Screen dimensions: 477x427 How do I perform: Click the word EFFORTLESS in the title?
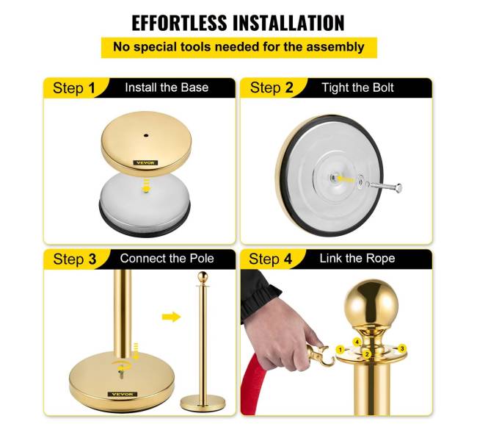[x=179, y=23]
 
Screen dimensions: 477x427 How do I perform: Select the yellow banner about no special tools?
[x=238, y=48]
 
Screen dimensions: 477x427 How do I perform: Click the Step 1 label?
[x=74, y=88]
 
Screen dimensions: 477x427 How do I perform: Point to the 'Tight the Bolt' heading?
[x=358, y=87]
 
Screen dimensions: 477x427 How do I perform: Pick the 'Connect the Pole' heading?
[x=167, y=259]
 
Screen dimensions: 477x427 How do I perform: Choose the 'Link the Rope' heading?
[x=357, y=259]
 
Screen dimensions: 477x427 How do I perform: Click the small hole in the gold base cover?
[x=146, y=135]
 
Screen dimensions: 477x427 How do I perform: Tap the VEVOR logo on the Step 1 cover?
[x=146, y=163]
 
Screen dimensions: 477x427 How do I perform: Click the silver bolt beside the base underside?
[x=384, y=185]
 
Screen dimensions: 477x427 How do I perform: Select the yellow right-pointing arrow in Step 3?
[x=171, y=317]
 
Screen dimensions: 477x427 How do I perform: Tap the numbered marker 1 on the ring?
[x=341, y=350]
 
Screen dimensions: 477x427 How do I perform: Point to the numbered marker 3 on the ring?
[x=402, y=348]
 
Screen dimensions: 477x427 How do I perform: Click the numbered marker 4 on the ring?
[x=357, y=342]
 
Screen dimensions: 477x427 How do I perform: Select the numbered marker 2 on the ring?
[x=367, y=354]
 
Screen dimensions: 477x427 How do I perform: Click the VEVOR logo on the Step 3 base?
[x=123, y=395]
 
